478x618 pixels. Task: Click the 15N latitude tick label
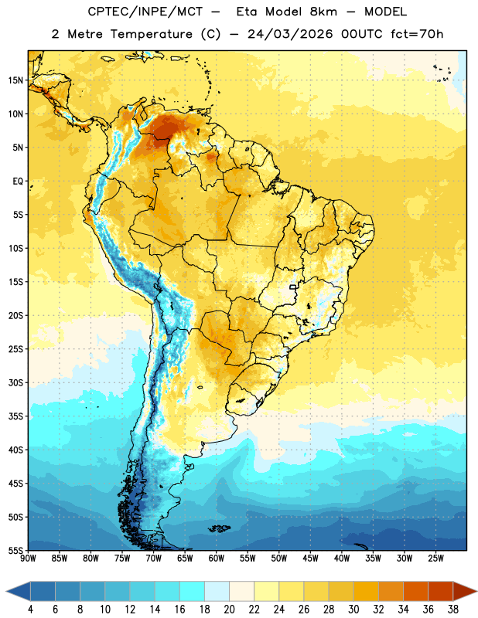[x=15, y=80]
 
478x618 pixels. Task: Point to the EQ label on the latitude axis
[x=18, y=182]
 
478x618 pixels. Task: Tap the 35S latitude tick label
[x=15, y=416]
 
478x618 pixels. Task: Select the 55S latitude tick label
[x=15, y=551]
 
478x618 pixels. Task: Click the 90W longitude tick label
[x=28, y=559]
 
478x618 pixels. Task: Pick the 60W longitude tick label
[x=217, y=559]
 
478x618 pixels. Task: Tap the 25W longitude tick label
[x=435, y=559]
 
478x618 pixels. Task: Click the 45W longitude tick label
[x=310, y=559]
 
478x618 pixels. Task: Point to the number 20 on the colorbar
[x=229, y=610]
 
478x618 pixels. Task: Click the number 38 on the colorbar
[x=453, y=610]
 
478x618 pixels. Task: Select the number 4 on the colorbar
[x=30, y=610]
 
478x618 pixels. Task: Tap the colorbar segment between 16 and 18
[x=193, y=591]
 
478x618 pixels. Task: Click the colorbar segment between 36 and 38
[x=441, y=591]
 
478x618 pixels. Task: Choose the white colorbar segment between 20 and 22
[x=241, y=591]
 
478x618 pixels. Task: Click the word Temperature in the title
[x=151, y=34]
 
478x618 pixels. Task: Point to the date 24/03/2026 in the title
[x=290, y=34]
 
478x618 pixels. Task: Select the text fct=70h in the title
[x=417, y=34]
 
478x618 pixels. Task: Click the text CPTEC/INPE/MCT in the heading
[x=145, y=12]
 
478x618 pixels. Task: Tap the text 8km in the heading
[x=323, y=12]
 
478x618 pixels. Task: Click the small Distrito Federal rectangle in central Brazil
[x=293, y=287]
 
